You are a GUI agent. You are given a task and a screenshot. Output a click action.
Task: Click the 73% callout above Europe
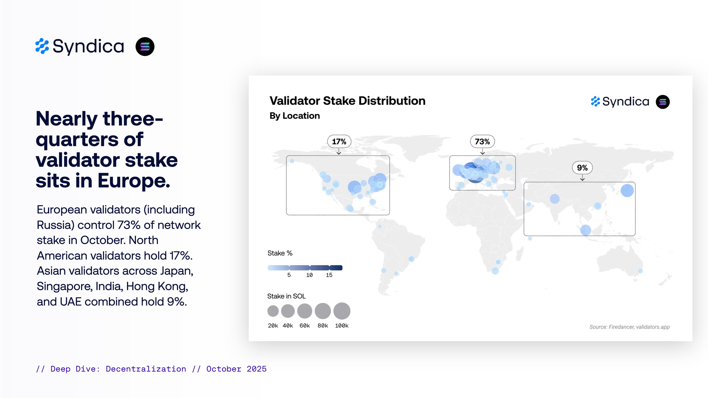coord(482,142)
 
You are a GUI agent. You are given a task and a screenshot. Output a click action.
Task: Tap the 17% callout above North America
coord(339,142)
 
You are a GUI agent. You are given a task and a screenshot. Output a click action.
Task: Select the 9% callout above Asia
coord(582,168)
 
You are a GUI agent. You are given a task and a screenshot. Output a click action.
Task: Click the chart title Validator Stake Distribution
coord(347,101)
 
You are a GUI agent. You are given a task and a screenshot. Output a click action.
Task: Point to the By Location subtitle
coord(295,116)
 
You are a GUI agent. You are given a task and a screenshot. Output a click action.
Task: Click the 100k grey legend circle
coord(342,311)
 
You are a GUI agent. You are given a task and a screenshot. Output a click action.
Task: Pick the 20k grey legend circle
coord(273,311)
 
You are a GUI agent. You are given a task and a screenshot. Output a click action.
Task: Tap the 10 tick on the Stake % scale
coord(309,275)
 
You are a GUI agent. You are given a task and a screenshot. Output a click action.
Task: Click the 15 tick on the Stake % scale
coord(329,275)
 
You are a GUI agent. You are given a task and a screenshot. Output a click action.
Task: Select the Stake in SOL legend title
coord(286,296)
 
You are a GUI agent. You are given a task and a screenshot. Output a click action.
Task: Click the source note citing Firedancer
coord(629,327)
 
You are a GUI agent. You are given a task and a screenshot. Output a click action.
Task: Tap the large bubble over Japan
coord(627,190)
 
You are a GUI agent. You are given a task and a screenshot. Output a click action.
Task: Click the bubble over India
coord(555,199)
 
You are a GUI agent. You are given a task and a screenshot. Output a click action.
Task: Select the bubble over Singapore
coord(586,230)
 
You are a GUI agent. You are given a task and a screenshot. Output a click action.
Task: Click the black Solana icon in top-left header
coord(145,46)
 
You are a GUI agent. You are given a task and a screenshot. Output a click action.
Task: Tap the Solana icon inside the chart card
coord(663,102)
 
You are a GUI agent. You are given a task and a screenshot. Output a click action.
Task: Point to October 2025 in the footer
coord(236,369)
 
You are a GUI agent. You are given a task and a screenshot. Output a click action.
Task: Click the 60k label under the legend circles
coord(304,325)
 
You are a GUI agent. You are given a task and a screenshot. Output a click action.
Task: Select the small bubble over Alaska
coord(292,161)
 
